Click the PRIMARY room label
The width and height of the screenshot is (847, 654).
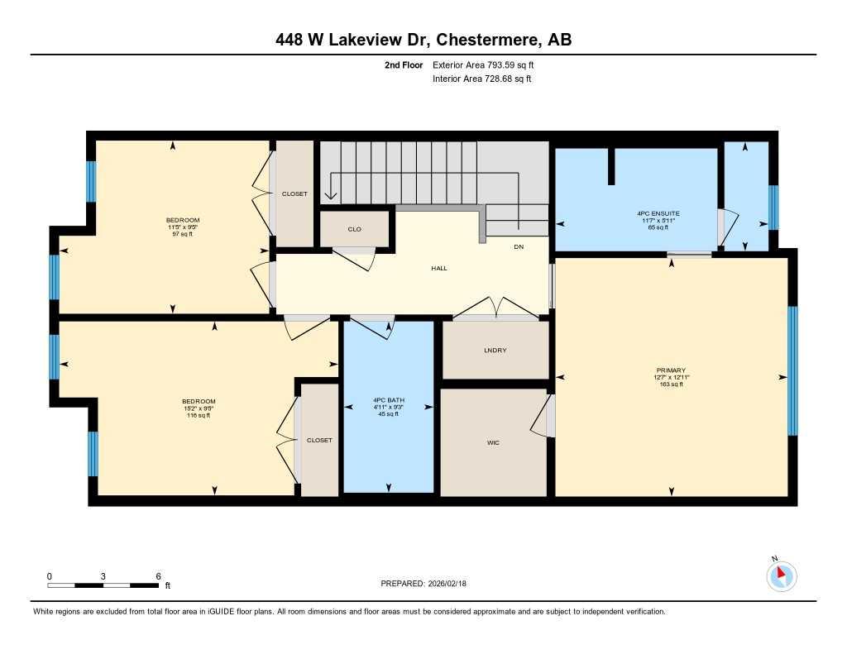tap(670, 370)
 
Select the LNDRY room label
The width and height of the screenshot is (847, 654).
tap(495, 351)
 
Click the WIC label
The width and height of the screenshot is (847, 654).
tap(493, 442)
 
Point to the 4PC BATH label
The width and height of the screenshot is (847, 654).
tap(388, 399)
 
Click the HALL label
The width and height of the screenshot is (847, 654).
tap(439, 268)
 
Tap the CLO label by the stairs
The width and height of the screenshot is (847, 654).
tap(354, 229)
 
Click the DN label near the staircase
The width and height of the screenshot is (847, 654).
tap(519, 246)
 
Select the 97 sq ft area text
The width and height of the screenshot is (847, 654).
tap(172, 234)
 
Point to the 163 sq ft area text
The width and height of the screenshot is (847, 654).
tap(670, 384)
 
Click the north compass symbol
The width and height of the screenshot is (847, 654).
tap(781, 575)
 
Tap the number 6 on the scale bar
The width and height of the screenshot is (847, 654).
tap(157, 576)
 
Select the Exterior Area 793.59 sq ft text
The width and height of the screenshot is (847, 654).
tap(488, 64)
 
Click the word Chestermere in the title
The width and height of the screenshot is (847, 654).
tap(483, 41)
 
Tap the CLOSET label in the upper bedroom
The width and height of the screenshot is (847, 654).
tap(294, 194)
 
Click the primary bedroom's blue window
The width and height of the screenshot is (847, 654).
tap(792, 370)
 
